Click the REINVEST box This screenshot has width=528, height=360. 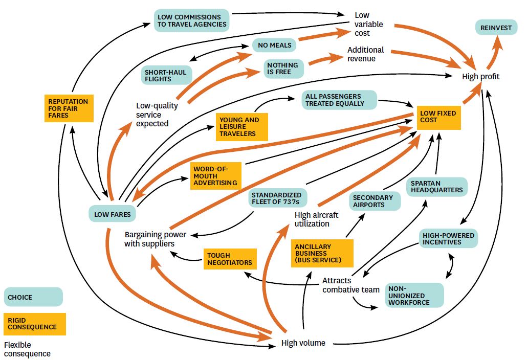click(x=496, y=28)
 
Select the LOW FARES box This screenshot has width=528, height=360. click(x=112, y=214)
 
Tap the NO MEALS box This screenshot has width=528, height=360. click(x=275, y=45)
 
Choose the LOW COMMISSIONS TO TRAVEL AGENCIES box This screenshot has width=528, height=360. click(x=191, y=21)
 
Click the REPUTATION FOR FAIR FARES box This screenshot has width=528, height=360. click(x=69, y=108)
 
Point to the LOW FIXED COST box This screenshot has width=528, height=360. click(x=438, y=117)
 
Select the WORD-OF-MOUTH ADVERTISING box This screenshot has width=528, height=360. click(x=215, y=176)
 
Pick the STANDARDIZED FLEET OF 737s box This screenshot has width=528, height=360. click(x=277, y=198)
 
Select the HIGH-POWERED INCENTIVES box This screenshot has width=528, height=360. click(x=449, y=239)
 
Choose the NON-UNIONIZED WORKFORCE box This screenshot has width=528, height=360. click(x=414, y=295)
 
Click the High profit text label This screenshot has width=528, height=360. click(x=480, y=77)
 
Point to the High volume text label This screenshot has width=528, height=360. click(x=303, y=343)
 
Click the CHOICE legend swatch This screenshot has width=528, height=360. click(x=33, y=297)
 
